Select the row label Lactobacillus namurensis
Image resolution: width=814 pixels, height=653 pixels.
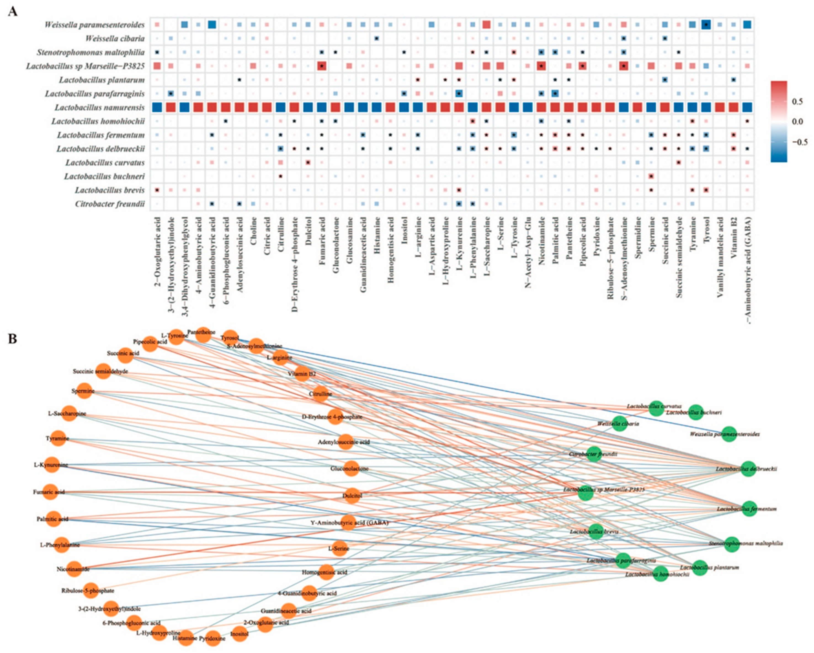point(100,108)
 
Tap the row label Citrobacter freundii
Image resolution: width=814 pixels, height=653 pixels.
point(110,204)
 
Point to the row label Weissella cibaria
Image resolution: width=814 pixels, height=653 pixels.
point(115,39)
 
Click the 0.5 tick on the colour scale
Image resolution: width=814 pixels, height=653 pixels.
point(797,102)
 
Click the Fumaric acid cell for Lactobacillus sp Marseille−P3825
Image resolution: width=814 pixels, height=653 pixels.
point(322,66)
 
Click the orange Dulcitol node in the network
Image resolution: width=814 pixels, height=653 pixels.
point(352,495)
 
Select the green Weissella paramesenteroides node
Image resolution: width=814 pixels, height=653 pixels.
point(729,434)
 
